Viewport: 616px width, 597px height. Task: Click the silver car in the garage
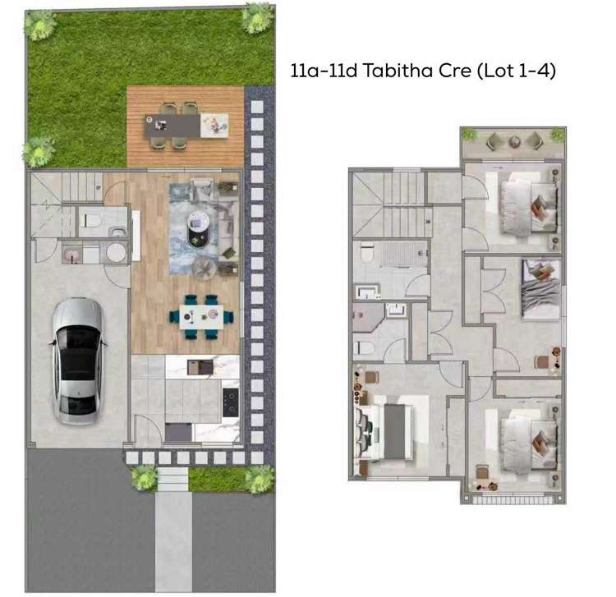(78, 359)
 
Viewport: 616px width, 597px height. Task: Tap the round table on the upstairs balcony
(514, 142)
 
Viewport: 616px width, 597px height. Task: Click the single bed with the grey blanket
(540, 288)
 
